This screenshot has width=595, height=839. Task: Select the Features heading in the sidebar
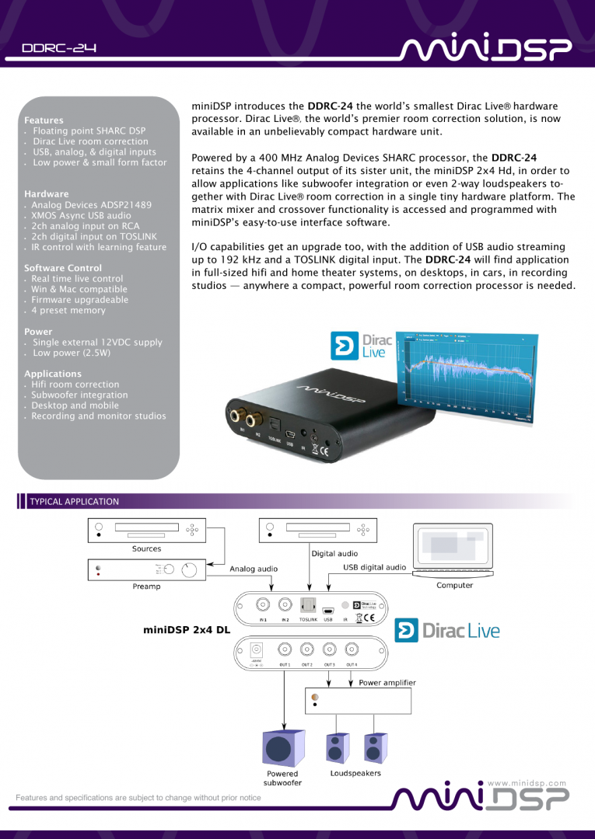[44, 120]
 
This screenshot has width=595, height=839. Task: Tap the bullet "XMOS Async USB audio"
[81, 215]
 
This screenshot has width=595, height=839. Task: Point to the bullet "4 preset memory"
[68, 311]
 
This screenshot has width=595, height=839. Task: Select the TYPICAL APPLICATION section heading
[74, 502]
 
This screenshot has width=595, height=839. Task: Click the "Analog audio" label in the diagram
[254, 569]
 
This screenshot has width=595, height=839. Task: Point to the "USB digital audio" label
[375, 567]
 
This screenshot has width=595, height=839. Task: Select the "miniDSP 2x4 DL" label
[187, 630]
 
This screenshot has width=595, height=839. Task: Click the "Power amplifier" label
[387, 683]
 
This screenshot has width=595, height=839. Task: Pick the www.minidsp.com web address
[526, 783]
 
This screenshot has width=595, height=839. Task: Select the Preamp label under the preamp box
[146, 587]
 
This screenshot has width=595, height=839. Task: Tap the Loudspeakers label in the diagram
[355, 774]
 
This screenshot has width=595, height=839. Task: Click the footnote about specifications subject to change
[138, 798]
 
